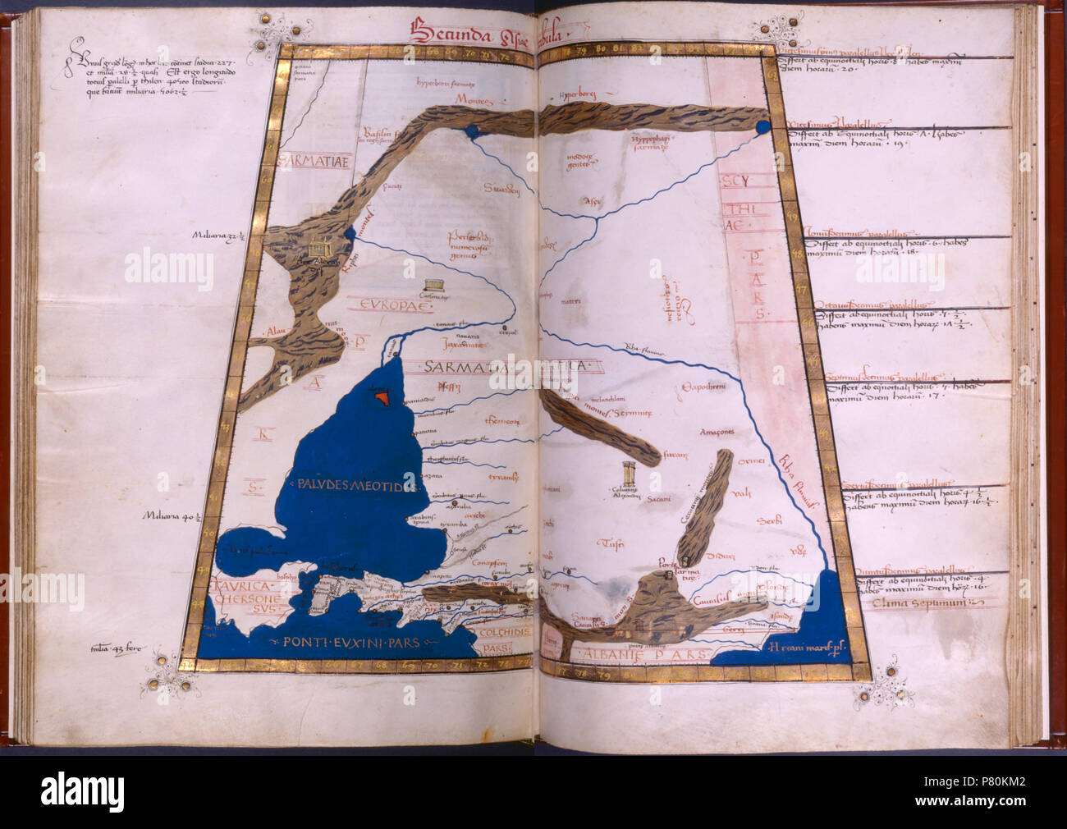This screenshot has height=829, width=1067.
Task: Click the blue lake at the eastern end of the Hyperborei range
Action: [x=762, y=127]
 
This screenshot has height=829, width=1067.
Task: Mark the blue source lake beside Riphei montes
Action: [x=350, y=234]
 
